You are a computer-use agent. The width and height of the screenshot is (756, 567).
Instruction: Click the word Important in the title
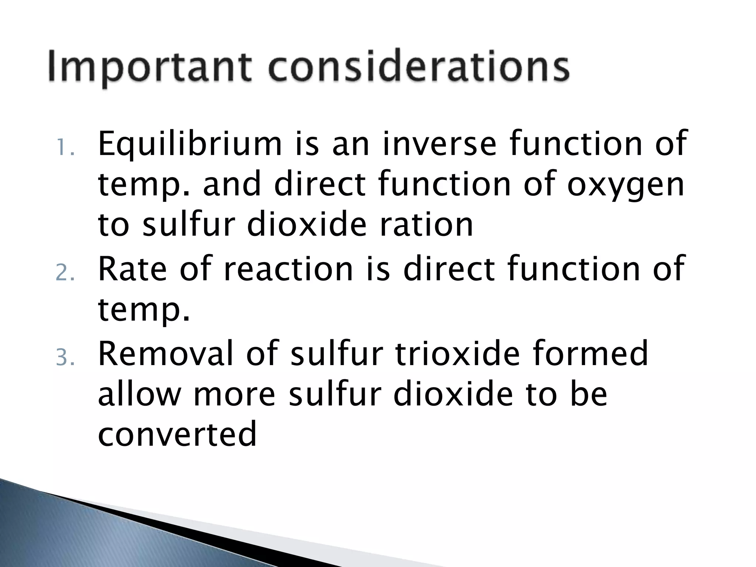pos(150,68)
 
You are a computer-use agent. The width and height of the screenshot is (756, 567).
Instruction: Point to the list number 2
pos(65,274)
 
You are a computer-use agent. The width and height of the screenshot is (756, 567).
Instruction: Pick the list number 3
pos(65,358)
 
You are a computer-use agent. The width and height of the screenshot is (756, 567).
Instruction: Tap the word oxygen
pos(625,186)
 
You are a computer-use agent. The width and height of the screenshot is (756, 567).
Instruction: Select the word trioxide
pos(457,353)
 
